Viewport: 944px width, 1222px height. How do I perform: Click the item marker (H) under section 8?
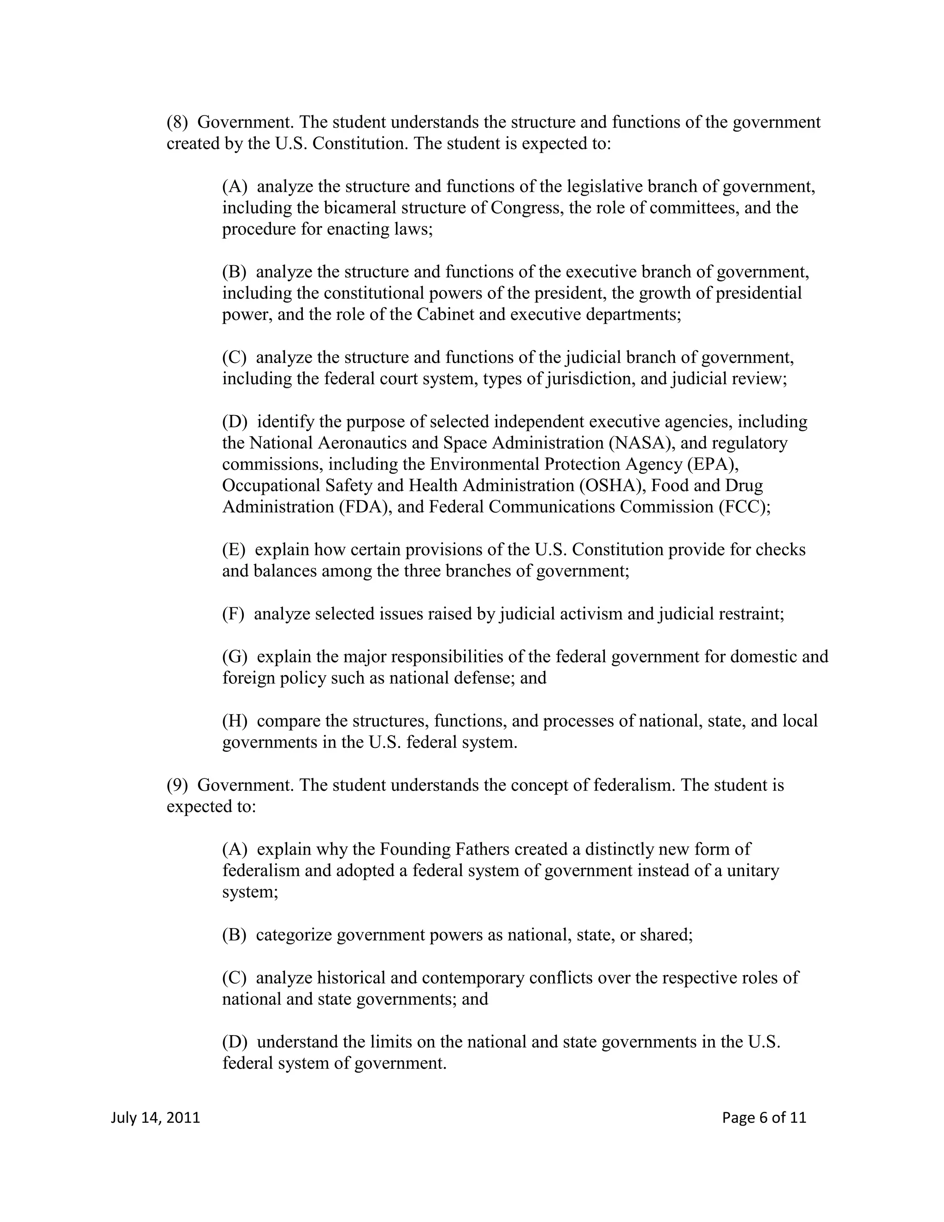click(x=234, y=721)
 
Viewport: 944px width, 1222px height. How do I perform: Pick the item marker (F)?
click(x=233, y=614)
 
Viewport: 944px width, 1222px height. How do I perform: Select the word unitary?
click(x=752, y=871)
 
